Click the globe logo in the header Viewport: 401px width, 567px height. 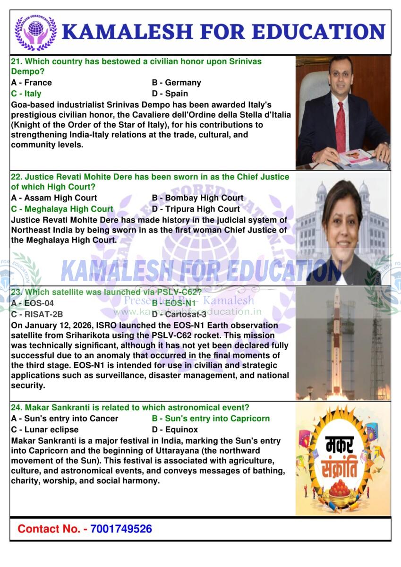coord(35,33)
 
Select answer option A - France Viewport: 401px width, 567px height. coord(31,83)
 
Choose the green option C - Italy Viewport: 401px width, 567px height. coord(26,94)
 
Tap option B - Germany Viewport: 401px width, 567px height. coord(176,83)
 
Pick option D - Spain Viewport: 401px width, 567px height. coord(170,94)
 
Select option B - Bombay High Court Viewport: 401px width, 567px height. coord(197,198)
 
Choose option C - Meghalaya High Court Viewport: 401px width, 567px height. coord(62,209)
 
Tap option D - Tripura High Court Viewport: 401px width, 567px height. coord(196,209)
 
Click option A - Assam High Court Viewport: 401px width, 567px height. coord(54,198)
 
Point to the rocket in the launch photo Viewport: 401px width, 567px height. coord(337,340)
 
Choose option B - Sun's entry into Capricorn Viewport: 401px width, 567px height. coord(211,419)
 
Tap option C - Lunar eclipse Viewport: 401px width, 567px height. coord(44,430)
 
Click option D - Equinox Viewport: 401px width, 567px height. coord(175,430)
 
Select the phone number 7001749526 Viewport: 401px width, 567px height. coord(121,529)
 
